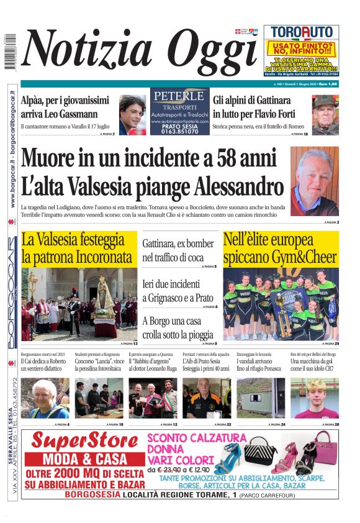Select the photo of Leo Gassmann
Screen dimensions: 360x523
132,115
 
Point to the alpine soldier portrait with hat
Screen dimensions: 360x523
325,114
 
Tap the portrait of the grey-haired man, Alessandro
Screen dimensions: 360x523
314,181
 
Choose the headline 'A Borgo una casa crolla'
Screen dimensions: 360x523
179,327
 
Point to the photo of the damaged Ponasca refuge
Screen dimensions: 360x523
261,398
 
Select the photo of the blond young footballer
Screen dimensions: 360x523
314,398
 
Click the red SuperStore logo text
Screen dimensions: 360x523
84,440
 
